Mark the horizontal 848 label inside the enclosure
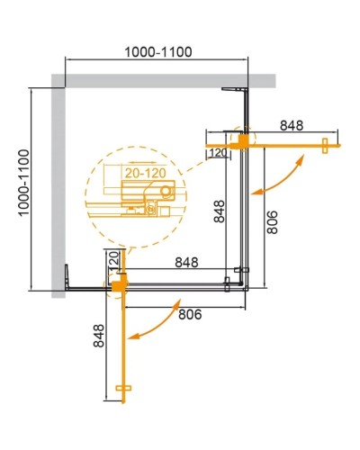186,264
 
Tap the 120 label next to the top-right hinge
218,154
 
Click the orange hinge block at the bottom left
116,283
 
